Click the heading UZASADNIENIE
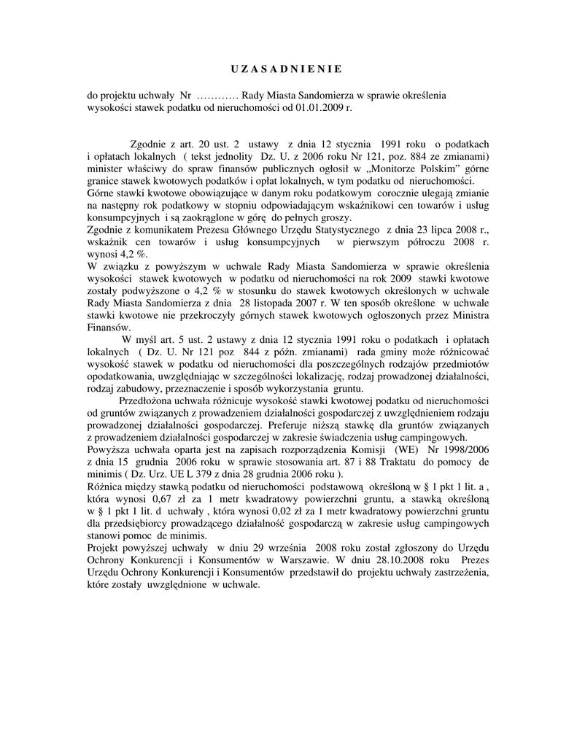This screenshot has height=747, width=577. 281,69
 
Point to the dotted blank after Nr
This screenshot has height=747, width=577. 218,96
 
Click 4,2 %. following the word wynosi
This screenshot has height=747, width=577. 131,255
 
